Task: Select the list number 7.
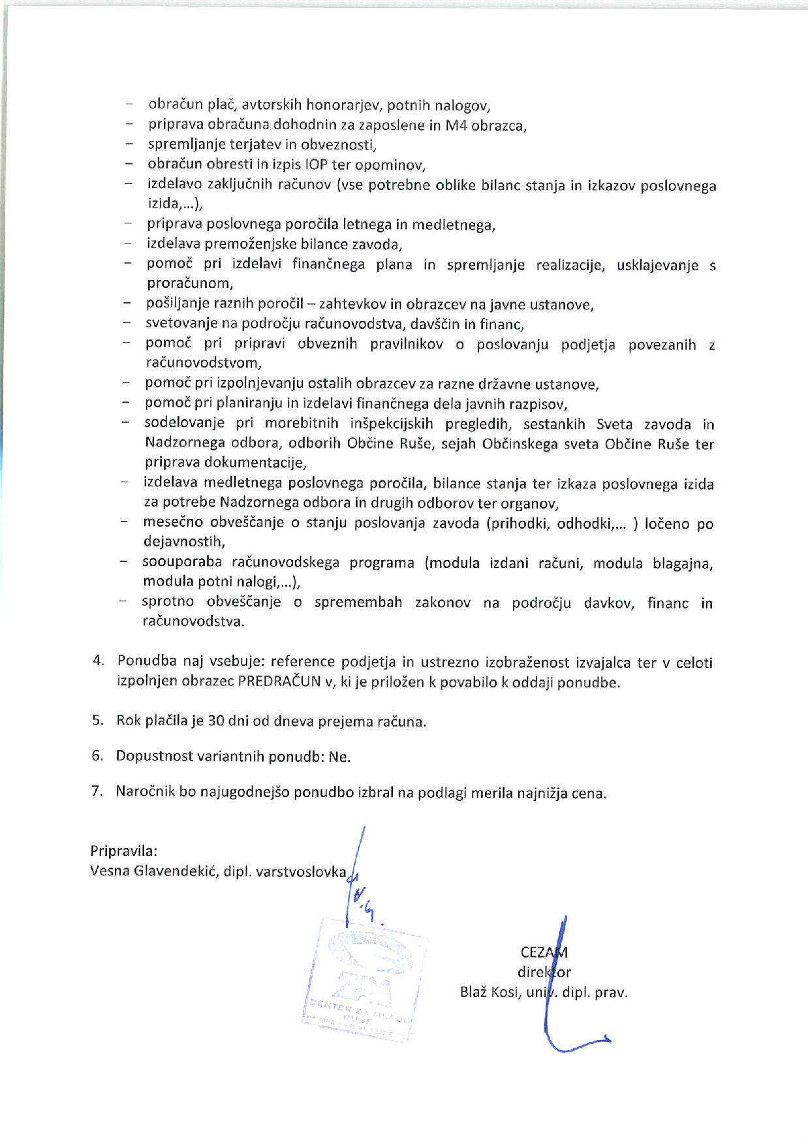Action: [97, 792]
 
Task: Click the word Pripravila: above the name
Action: [124, 851]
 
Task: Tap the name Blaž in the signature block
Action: [474, 992]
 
